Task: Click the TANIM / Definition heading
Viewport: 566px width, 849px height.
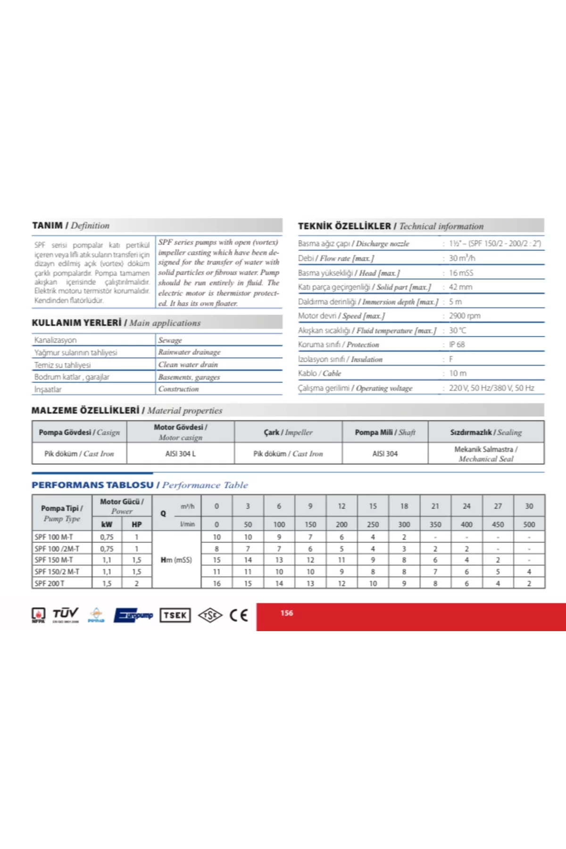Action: pyautogui.click(x=71, y=225)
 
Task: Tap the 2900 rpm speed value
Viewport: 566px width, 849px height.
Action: pyautogui.click(x=465, y=316)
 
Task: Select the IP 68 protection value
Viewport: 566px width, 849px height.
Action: pyautogui.click(x=457, y=344)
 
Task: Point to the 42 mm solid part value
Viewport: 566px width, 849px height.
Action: pyautogui.click(x=460, y=287)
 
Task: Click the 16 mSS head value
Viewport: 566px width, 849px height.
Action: pyautogui.click(x=461, y=273)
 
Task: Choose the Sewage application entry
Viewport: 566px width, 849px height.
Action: pyautogui.click(x=170, y=340)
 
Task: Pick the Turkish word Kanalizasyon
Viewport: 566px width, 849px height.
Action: pyautogui.click(x=55, y=340)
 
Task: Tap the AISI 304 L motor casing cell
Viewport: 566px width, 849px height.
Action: pyautogui.click(x=180, y=454)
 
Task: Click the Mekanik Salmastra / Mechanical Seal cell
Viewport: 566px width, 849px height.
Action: pyautogui.click(x=486, y=454)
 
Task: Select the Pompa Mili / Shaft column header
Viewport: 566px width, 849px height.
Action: pyautogui.click(x=385, y=432)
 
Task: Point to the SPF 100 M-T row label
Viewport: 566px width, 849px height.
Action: pyautogui.click(x=54, y=537)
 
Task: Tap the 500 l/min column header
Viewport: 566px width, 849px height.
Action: pyautogui.click(x=529, y=524)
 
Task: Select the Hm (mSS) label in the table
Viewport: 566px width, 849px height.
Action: pyautogui.click(x=176, y=560)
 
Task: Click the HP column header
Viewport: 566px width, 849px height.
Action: pyautogui.click(x=137, y=524)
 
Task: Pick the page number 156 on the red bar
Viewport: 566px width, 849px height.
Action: pyautogui.click(x=287, y=613)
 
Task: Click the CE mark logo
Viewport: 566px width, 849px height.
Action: pyautogui.click(x=239, y=615)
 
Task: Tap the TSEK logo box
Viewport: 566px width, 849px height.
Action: pyautogui.click(x=175, y=615)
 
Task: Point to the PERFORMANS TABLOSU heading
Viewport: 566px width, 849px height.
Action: pyautogui.click(x=92, y=485)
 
